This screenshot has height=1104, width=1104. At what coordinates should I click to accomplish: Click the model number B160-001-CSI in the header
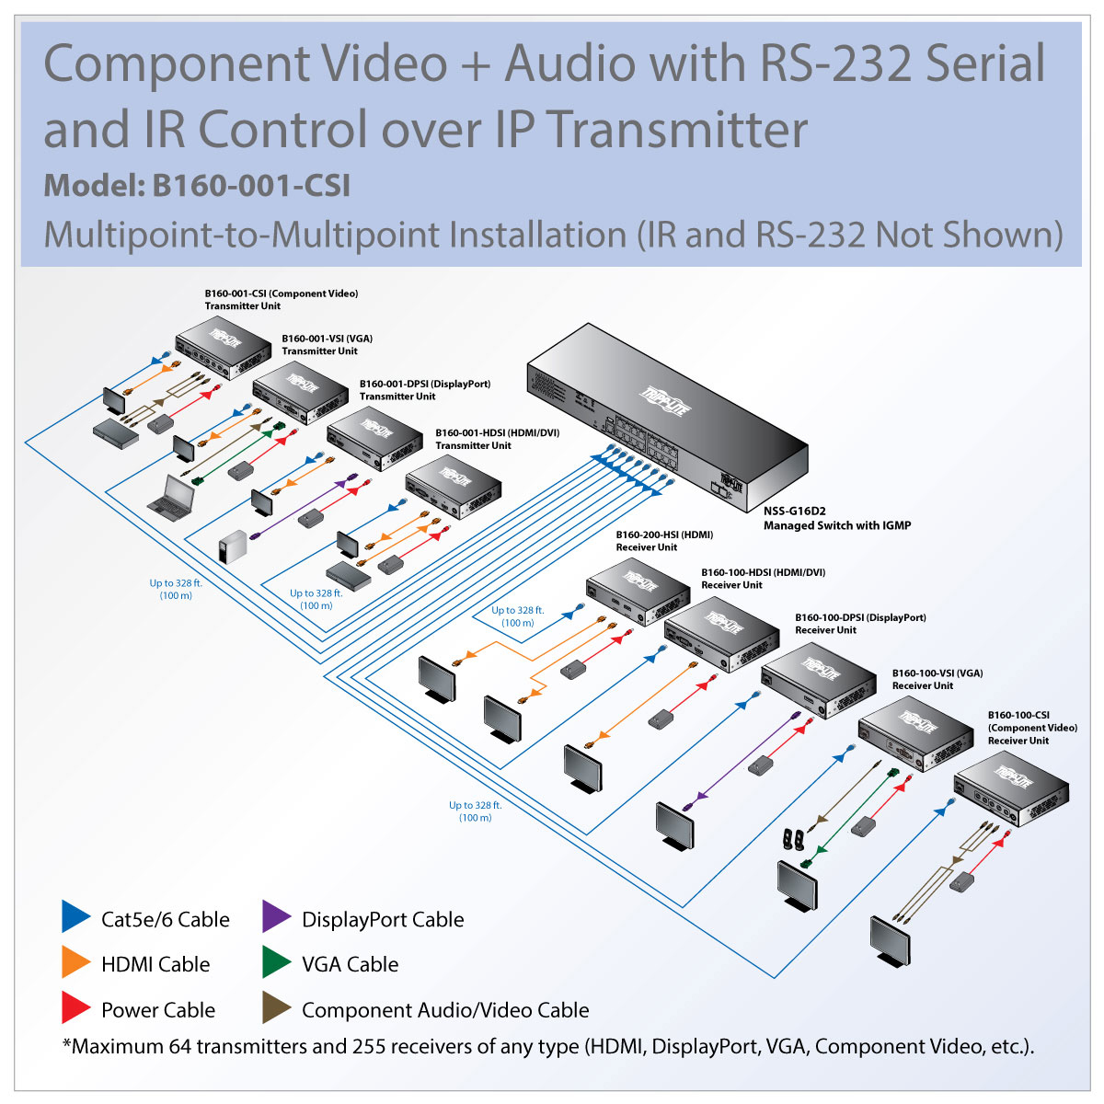coord(251,186)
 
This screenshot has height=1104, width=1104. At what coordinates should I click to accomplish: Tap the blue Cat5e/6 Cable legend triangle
coord(75,917)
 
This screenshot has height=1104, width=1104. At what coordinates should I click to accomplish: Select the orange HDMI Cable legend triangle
coord(75,962)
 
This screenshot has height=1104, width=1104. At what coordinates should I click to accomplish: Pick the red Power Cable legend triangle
coord(75,1008)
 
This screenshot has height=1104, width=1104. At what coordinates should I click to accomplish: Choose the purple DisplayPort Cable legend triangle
coord(275,917)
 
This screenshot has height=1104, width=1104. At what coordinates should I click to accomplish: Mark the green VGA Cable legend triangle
coord(275,962)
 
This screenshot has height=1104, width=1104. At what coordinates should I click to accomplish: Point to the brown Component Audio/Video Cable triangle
coord(275,1008)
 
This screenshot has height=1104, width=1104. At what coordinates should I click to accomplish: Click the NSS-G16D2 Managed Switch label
coord(836,519)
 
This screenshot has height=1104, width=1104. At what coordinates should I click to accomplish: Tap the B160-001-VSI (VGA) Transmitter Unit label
coord(327,344)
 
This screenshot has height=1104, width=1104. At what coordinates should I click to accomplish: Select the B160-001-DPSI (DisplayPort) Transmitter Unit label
coord(424,390)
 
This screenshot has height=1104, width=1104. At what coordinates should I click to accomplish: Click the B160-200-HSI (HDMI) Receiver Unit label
coord(664,541)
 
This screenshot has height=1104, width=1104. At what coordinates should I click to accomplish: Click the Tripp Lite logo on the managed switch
coord(664,401)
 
